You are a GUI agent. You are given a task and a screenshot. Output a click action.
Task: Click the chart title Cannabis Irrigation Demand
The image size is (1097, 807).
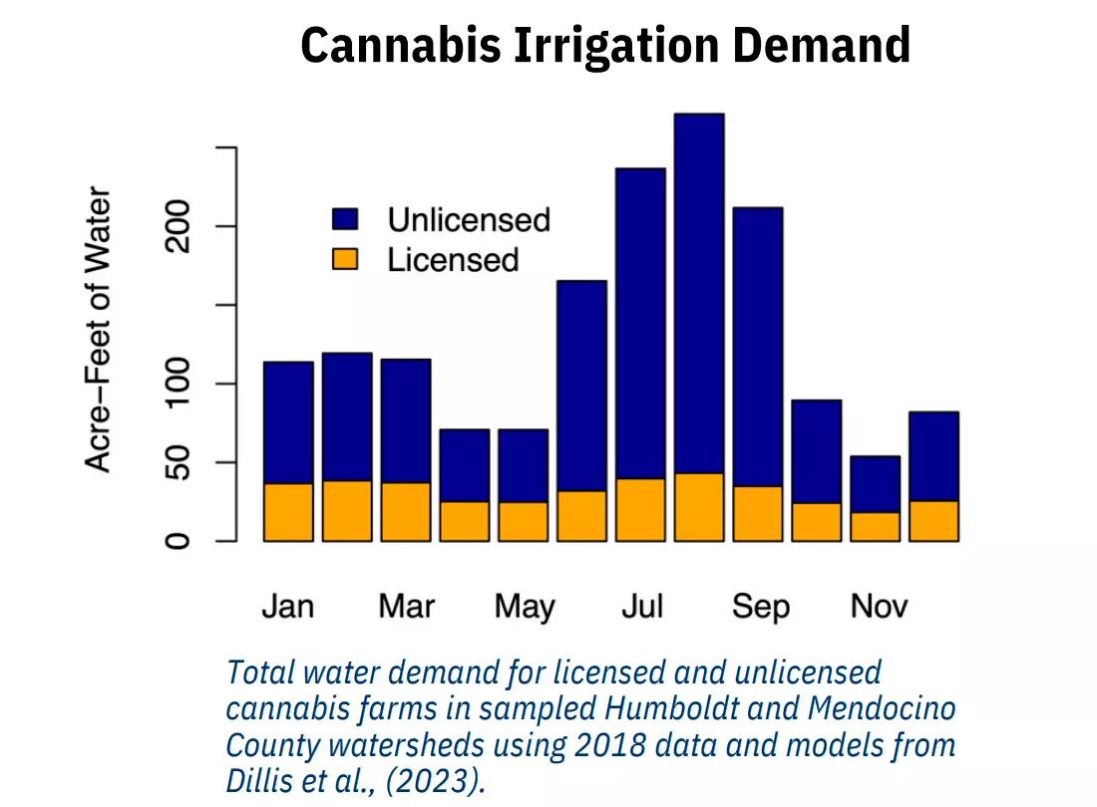pyautogui.click(x=605, y=45)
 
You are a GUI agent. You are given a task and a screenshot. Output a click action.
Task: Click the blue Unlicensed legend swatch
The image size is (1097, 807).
pyautogui.click(x=345, y=219)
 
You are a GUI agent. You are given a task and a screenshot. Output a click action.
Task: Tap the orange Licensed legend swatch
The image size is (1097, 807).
pyautogui.click(x=345, y=260)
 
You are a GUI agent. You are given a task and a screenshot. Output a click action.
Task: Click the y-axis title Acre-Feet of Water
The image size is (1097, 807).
pyautogui.click(x=98, y=329)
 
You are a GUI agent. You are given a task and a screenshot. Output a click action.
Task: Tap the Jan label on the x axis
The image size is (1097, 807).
pyautogui.click(x=287, y=606)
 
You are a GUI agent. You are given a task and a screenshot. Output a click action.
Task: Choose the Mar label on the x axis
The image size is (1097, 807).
pyautogui.click(x=406, y=606)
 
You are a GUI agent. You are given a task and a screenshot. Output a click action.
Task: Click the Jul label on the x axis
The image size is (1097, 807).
pyautogui.click(x=642, y=606)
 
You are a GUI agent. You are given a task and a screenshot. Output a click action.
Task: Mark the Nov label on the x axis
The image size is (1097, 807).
pyautogui.click(x=879, y=606)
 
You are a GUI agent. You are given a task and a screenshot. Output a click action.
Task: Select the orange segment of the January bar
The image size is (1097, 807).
pyautogui.click(x=288, y=513)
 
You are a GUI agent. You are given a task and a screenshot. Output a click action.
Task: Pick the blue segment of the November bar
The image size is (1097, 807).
pyautogui.click(x=876, y=484)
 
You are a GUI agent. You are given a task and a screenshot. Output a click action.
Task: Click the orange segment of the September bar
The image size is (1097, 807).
pyautogui.click(x=758, y=514)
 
